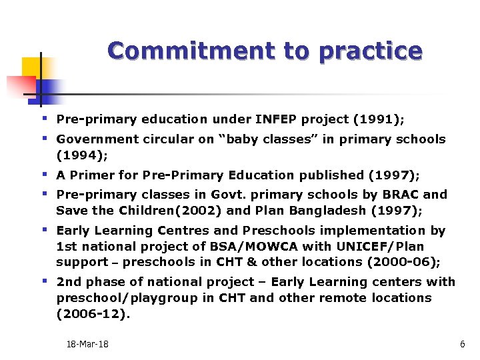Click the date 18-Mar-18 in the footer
[x=87, y=344]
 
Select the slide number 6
[x=462, y=344]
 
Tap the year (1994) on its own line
[x=81, y=155]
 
